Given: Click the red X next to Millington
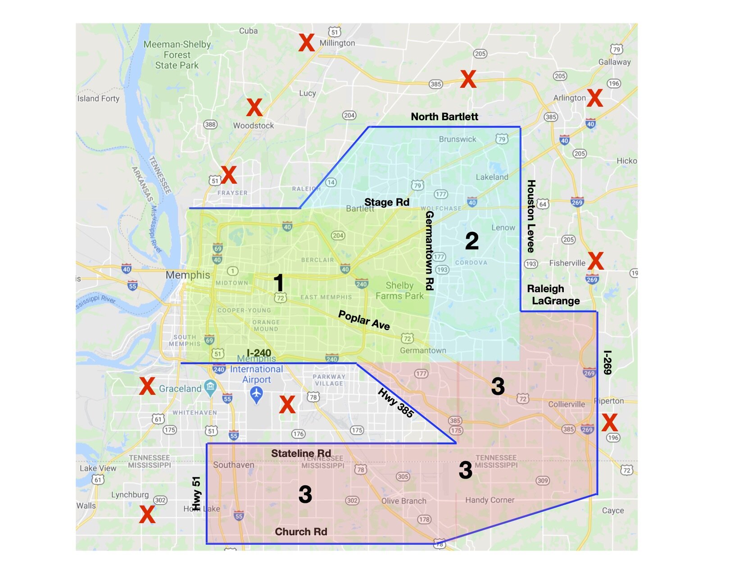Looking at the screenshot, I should pos(306,43).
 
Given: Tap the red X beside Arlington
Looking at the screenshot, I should pos(594,98).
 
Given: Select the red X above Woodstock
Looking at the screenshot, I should pos(254,108).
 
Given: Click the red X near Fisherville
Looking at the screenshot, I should pos(595,261).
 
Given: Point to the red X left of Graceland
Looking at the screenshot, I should pos(147,386).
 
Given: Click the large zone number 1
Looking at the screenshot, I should pos(279,283).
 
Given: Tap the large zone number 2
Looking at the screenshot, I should pos(471,241).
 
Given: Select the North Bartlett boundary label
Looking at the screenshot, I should pos(444,117).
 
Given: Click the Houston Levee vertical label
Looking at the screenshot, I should pos(531,216).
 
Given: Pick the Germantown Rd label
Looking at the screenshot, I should pos(429,250).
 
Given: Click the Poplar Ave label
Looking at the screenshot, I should pos(364,320).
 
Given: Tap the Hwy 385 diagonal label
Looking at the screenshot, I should pos(395,403).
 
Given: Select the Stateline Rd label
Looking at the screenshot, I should pos(301,454).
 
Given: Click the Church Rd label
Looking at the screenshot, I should pos(301,532).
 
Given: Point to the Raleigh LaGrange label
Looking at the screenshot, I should pos(553,295).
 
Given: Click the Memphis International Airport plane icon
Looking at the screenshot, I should pos(256,394).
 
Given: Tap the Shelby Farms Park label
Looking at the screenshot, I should pos(399,291).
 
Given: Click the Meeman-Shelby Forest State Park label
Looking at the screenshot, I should pos(177,55).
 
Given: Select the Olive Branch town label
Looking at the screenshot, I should pos(403,501).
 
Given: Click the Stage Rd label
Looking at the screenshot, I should pos(386,203).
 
